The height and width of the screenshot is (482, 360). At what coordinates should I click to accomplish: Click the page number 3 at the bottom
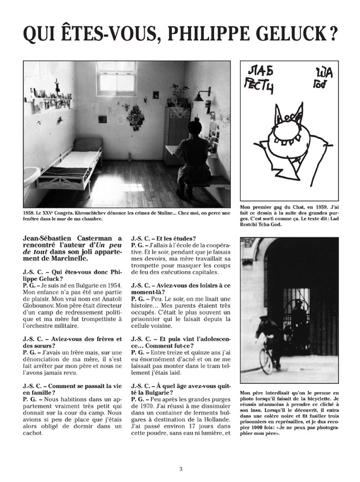point(180,470)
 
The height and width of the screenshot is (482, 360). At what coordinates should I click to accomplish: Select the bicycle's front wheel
point(266,360)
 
